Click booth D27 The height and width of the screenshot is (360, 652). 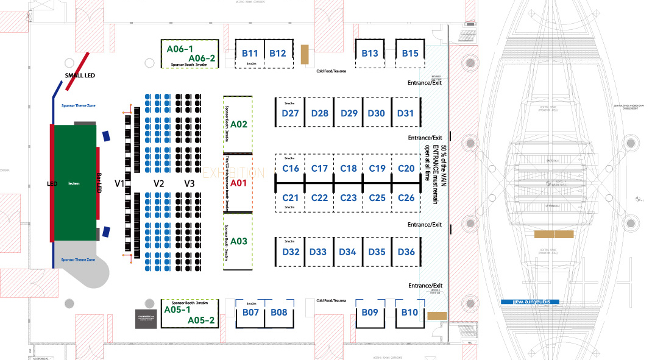[x=291, y=113]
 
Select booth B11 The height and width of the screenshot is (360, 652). [x=250, y=54]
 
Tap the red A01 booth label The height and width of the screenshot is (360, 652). [x=238, y=183]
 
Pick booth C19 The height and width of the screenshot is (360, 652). [x=377, y=169]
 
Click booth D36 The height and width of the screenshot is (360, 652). [x=406, y=252]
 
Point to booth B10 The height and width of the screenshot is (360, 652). [x=409, y=312]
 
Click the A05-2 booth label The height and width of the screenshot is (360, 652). [x=200, y=320]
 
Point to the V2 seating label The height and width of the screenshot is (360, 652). [x=159, y=183]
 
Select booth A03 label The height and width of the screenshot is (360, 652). [x=239, y=242]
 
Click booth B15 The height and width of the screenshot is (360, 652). [x=410, y=54]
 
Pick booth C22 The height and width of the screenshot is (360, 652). [x=319, y=198]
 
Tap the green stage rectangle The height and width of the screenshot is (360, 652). [x=74, y=182]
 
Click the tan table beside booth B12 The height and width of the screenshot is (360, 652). [x=304, y=54]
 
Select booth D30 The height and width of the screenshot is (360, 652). [x=377, y=113]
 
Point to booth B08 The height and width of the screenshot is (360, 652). [x=278, y=312]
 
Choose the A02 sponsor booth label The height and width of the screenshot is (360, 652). [x=239, y=125]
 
